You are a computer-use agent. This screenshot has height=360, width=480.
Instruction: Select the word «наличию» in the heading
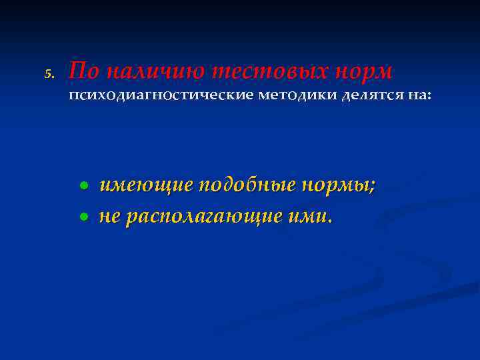(x=153, y=71)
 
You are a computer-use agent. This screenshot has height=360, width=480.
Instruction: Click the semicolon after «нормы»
(x=371, y=188)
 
